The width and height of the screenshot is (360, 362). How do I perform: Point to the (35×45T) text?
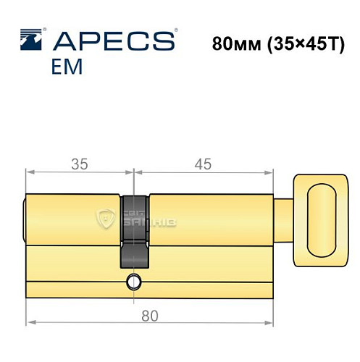pos(299,42)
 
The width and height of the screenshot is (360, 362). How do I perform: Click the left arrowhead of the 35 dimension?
pos(29,172)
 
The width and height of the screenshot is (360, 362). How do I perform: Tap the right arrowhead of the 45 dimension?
pos(272,172)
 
